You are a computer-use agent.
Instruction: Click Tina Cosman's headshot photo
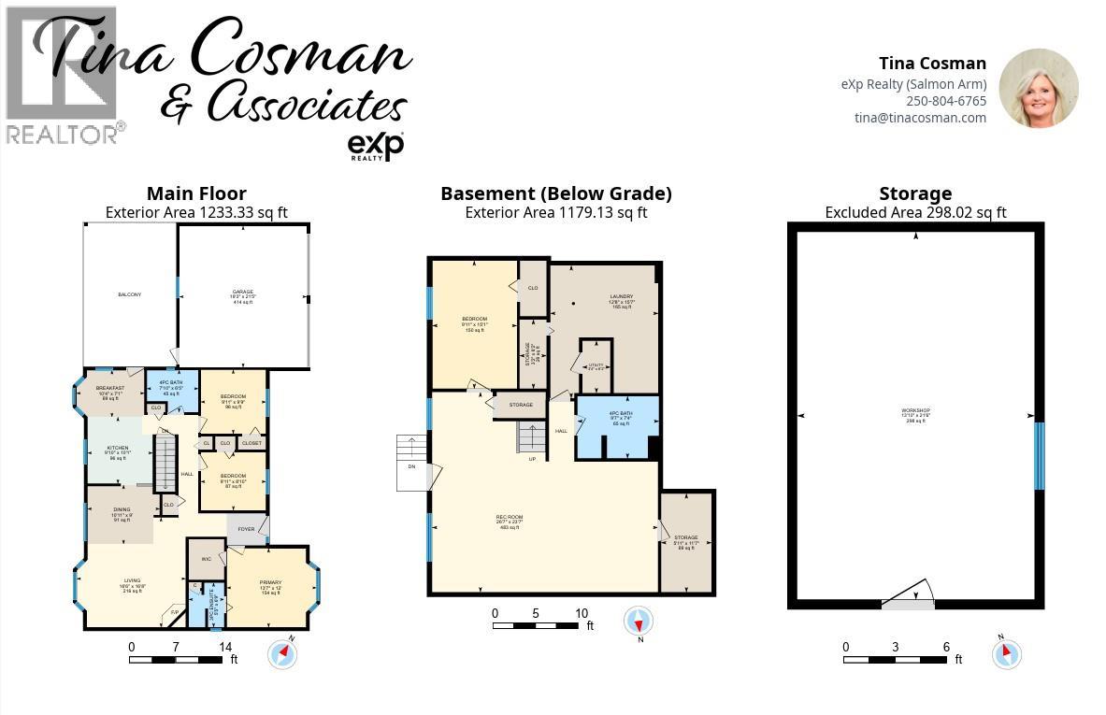1039,88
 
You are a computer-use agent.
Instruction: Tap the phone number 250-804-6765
945,101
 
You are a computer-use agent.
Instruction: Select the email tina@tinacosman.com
920,118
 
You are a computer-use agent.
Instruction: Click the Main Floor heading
196,194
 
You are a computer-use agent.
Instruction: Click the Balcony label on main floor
129,295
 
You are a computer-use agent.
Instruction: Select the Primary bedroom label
270,587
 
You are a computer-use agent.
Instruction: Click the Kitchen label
118,452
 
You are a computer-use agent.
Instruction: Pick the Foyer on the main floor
246,530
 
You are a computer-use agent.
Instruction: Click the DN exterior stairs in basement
412,465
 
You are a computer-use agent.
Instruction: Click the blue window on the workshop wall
1039,456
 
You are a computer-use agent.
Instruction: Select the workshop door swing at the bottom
909,596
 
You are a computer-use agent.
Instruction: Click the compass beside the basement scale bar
638,622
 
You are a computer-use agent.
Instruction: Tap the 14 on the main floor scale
225,647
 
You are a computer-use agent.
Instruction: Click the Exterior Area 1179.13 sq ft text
555,213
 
